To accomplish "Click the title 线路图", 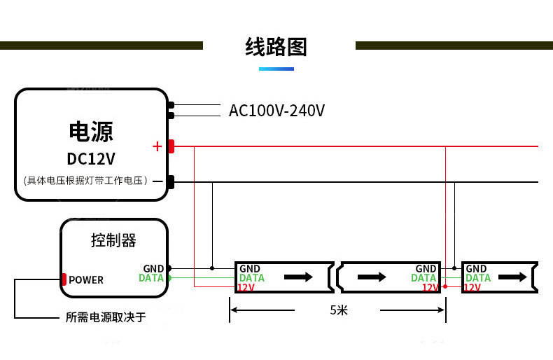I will pos(276,47).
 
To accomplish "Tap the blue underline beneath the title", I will pos(276,69).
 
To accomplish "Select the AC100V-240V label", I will pos(276,111).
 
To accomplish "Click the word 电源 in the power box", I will pos(91,131).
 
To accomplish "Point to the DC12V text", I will pos(91,159).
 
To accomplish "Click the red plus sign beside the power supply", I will pos(157,146).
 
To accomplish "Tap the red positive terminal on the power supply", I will pos(171,146).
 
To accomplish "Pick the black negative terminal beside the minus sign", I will pos(170,181).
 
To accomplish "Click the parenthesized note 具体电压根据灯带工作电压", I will pos(86,181).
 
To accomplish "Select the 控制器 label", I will pos(113,240).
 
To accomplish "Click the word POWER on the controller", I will pos(86,280).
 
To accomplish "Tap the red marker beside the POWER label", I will pos(64,279).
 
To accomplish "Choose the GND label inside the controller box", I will pos(153,268).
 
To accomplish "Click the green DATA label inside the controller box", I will pos(151,278).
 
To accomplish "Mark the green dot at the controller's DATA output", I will pos(169,278).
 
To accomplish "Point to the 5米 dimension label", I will pos(338,310).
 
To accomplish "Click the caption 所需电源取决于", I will pos(106,318).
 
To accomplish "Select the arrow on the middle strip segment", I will pos(372,277).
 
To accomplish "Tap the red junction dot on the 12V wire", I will pos(446,286).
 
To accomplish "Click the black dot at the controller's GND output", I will pos(169,268).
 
